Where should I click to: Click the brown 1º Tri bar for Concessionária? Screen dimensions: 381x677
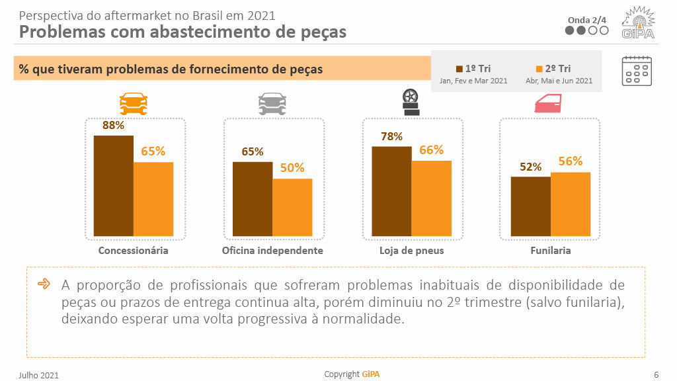[113, 186]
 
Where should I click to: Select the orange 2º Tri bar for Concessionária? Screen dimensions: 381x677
[153, 199]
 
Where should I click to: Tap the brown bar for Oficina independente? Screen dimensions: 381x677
[253, 199]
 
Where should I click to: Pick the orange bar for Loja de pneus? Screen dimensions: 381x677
[432, 198]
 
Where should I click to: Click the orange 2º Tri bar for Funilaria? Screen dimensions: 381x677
[571, 204]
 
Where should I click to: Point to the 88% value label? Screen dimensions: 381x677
[113, 125]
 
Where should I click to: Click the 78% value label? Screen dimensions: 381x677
[391, 136]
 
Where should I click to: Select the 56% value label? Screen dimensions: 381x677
[571, 161]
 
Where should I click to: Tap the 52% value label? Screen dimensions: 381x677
[530, 167]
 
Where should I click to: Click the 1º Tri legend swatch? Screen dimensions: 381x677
[459, 69]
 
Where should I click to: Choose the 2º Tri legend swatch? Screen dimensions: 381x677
[539, 69]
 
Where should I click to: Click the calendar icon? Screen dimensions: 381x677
[637, 71]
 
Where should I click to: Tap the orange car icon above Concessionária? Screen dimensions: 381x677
[134, 103]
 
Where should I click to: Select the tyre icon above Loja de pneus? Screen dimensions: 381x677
[411, 103]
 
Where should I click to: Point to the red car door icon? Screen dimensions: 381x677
[547, 103]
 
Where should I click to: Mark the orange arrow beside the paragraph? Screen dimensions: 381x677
[44, 284]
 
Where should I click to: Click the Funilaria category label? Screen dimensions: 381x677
[550, 251]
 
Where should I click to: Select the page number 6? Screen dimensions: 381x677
[656, 374]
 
